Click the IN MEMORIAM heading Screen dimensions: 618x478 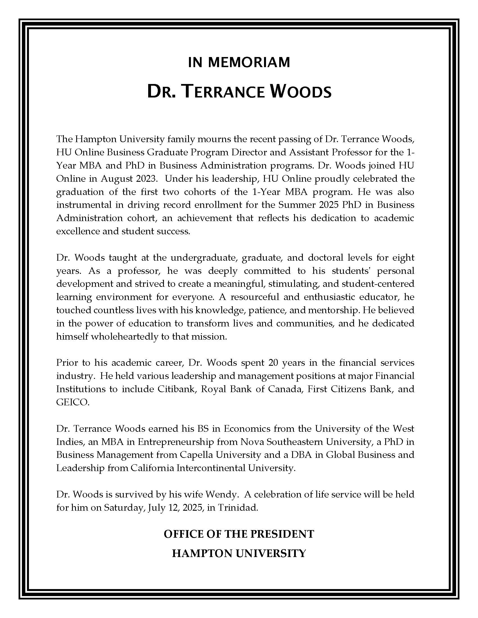pos(239,63)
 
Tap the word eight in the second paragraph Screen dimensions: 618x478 pos(403,258)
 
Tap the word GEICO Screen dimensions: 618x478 pos(73,402)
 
